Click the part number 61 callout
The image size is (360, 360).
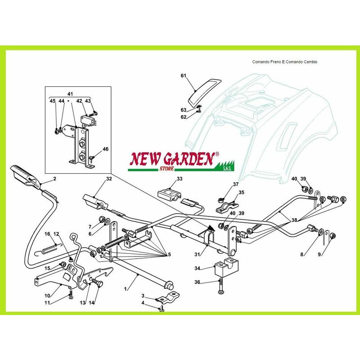(x=183, y=76)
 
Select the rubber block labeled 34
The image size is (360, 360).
(x=226, y=266)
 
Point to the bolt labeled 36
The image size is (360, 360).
(x=220, y=286)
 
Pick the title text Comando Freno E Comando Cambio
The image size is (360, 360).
(x=285, y=62)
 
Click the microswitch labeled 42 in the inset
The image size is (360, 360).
(x=87, y=121)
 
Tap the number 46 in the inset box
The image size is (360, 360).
(x=105, y=149)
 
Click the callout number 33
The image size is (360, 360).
(x=179, y=178)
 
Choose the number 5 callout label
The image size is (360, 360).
(x=169, y=254)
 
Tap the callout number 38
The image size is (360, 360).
(x=294, y=220)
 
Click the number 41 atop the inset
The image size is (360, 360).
(x=70, y=94)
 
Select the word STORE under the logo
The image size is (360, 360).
(x=166, y=169)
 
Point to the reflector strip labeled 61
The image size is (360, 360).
(x=204, y=92)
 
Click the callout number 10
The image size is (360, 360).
(x=47, y=296)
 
